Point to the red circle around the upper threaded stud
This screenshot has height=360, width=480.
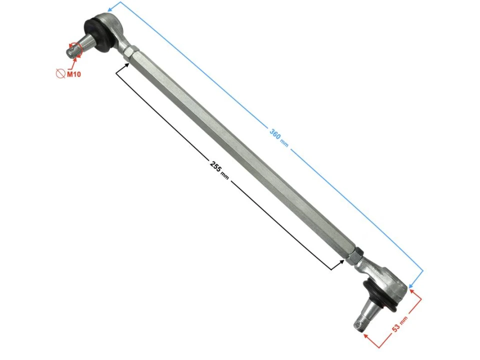click(76, 48)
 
